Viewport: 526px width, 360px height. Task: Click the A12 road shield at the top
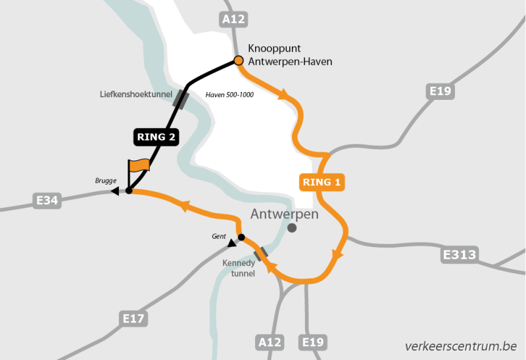tap(234, 20)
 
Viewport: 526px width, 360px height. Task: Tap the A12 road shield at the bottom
tap(269, 342)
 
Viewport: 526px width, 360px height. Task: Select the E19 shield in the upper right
tap(439, 91)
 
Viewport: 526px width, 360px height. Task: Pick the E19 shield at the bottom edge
tap(312, 342)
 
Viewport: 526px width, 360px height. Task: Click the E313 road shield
tap(460, 254)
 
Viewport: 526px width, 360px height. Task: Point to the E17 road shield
tap(134, 319)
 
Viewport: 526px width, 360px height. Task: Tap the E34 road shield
tap(47, 200)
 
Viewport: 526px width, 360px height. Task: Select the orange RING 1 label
tap(322, 182)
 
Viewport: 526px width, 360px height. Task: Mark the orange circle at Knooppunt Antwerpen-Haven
tap(239, 61)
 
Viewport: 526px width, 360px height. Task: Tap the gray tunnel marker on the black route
tap(181, 99)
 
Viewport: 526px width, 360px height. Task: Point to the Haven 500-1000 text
tap(229, 95)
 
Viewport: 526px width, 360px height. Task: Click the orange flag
tap(139, 165)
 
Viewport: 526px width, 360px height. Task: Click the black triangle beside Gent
tap(231, 244)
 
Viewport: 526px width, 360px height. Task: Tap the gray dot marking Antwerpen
tap(292, 228)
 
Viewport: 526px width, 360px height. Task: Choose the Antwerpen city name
tap(284, 214)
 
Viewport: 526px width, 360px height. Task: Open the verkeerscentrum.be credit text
tap(461, 346)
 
